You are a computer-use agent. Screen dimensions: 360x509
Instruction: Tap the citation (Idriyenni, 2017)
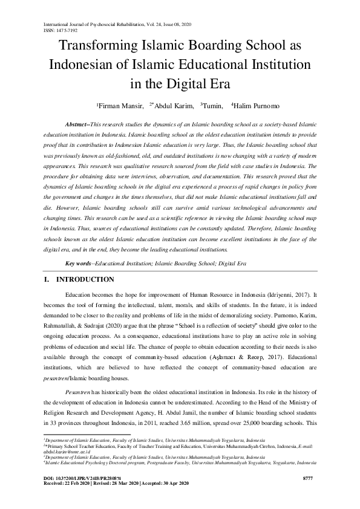(x=285, y=294)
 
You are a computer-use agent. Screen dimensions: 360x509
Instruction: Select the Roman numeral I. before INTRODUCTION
(x=47, y=280)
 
